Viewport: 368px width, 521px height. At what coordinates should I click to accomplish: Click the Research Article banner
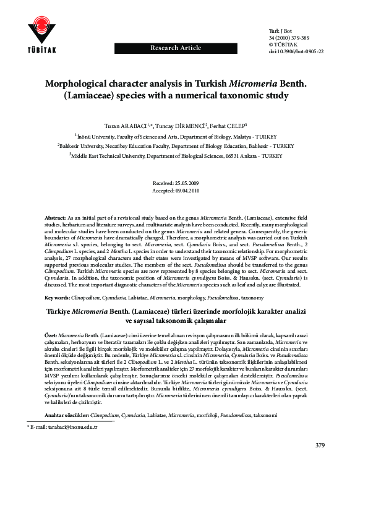[x=174, y=48]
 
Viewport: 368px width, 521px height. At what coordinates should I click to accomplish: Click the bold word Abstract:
[x=57, y=219]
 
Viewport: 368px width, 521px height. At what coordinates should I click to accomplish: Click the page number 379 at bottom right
[x=320, y=446]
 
